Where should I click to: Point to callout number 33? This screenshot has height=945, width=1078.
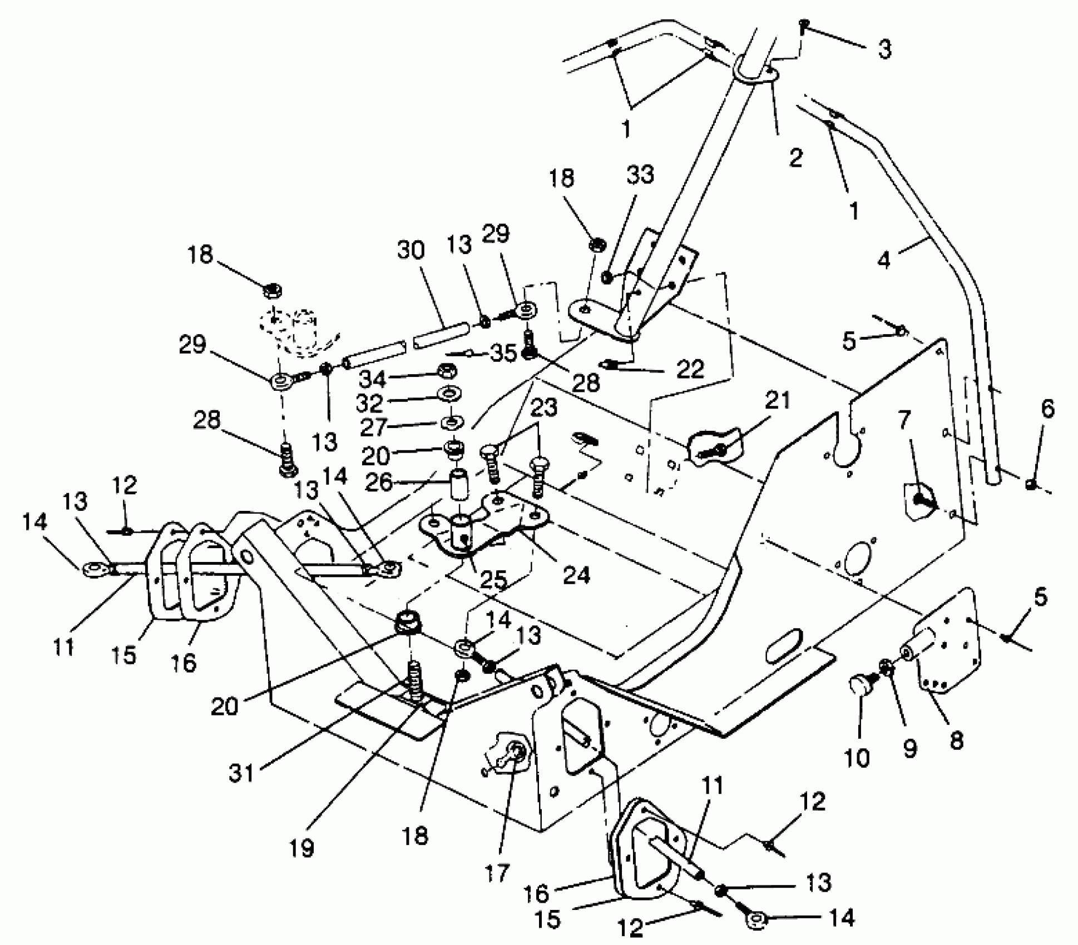[x=640, y=175]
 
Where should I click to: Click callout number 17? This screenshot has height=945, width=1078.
[x=497, y=872]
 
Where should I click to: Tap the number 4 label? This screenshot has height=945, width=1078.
[x=884, y=260]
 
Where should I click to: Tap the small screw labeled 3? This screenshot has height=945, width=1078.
[x=804, y=24]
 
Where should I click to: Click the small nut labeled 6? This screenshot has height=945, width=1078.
[x=1031, y=485]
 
